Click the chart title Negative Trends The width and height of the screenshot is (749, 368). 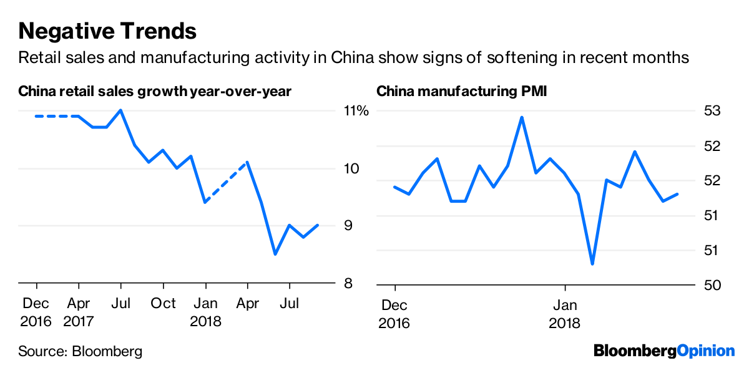[107, 30]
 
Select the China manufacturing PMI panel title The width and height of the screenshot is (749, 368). [452, 92]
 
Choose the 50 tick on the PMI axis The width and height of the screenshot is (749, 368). [712, 284]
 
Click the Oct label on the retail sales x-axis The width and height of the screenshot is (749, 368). [164, 304]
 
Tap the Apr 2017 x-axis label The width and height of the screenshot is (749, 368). [78, 314]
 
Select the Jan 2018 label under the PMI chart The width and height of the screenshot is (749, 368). [565, 314]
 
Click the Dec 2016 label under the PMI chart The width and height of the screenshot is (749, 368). [394, 314]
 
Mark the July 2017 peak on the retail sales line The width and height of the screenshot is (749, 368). [120, 110]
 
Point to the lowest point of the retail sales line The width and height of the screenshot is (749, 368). [275, 254]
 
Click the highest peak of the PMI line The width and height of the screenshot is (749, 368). [522, 117]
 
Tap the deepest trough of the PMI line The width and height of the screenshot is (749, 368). [592, 264]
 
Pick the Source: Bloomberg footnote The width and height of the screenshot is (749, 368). [80, 351]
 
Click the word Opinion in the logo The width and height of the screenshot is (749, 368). [706, 351]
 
